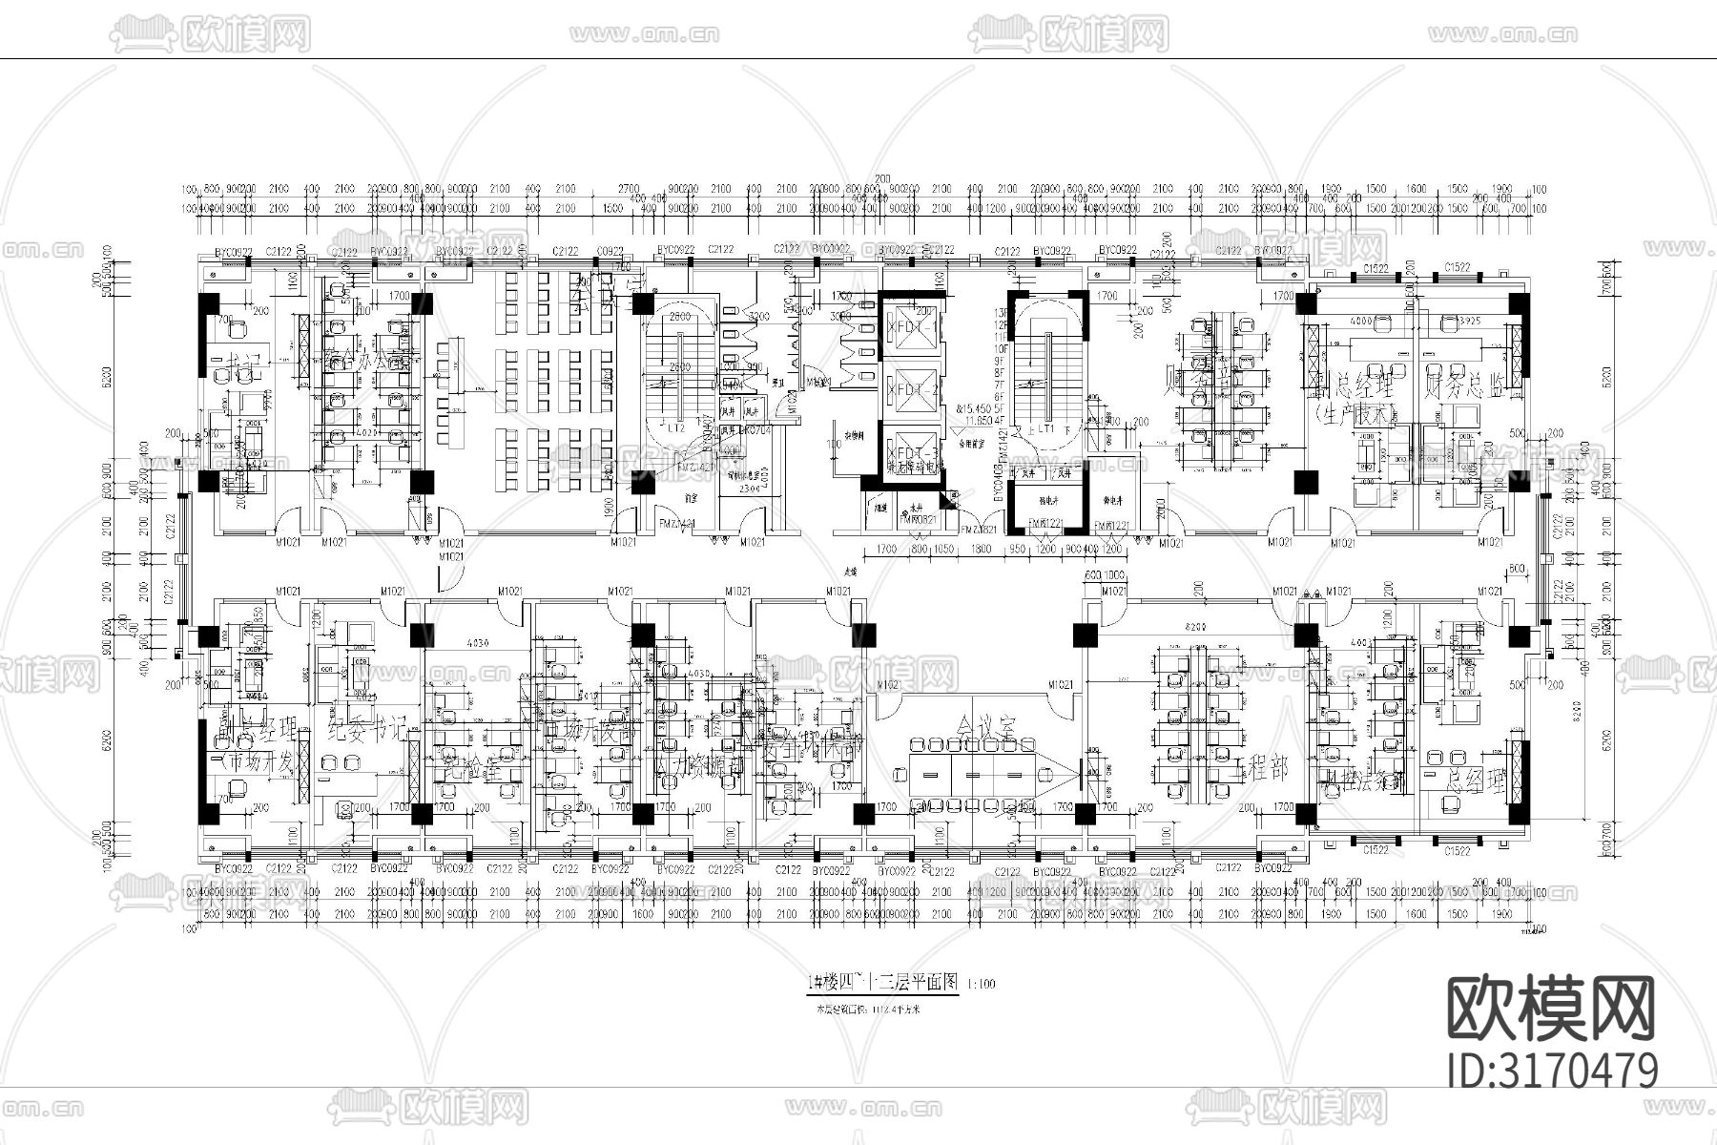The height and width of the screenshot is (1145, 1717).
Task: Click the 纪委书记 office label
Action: (367, 730)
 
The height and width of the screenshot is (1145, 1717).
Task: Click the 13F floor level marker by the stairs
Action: (1001, 313)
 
